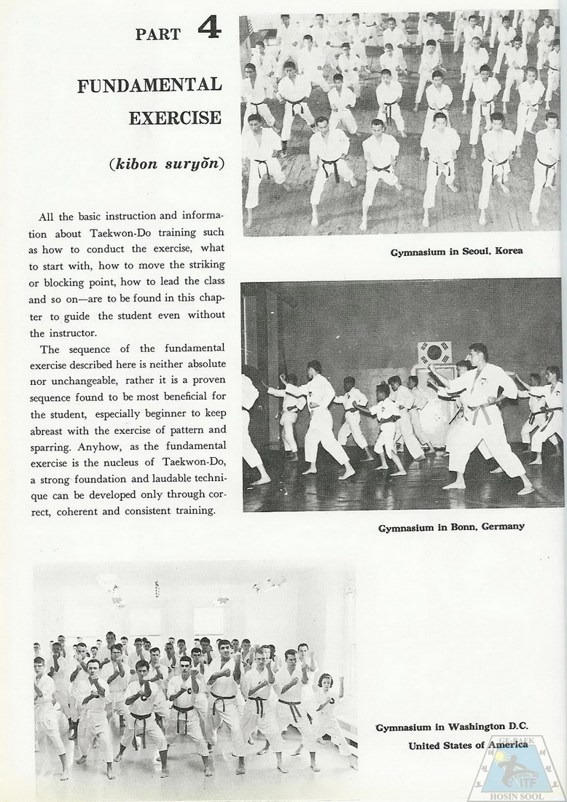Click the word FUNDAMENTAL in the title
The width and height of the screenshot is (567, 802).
coord(149,85)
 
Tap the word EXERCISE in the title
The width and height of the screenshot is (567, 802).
coord(175,117)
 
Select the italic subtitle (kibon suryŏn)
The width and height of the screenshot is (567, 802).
coord(166,163)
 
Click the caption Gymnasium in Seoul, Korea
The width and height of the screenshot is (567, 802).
coord(456,252)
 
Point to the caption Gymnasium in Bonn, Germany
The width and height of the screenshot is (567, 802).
coord(451,526)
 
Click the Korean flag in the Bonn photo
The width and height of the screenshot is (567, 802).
coord(434,353)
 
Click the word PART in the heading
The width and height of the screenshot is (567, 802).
coord(158,34)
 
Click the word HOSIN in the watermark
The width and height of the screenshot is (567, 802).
coord(503,796)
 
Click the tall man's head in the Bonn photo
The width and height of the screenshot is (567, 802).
coord(478,353)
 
